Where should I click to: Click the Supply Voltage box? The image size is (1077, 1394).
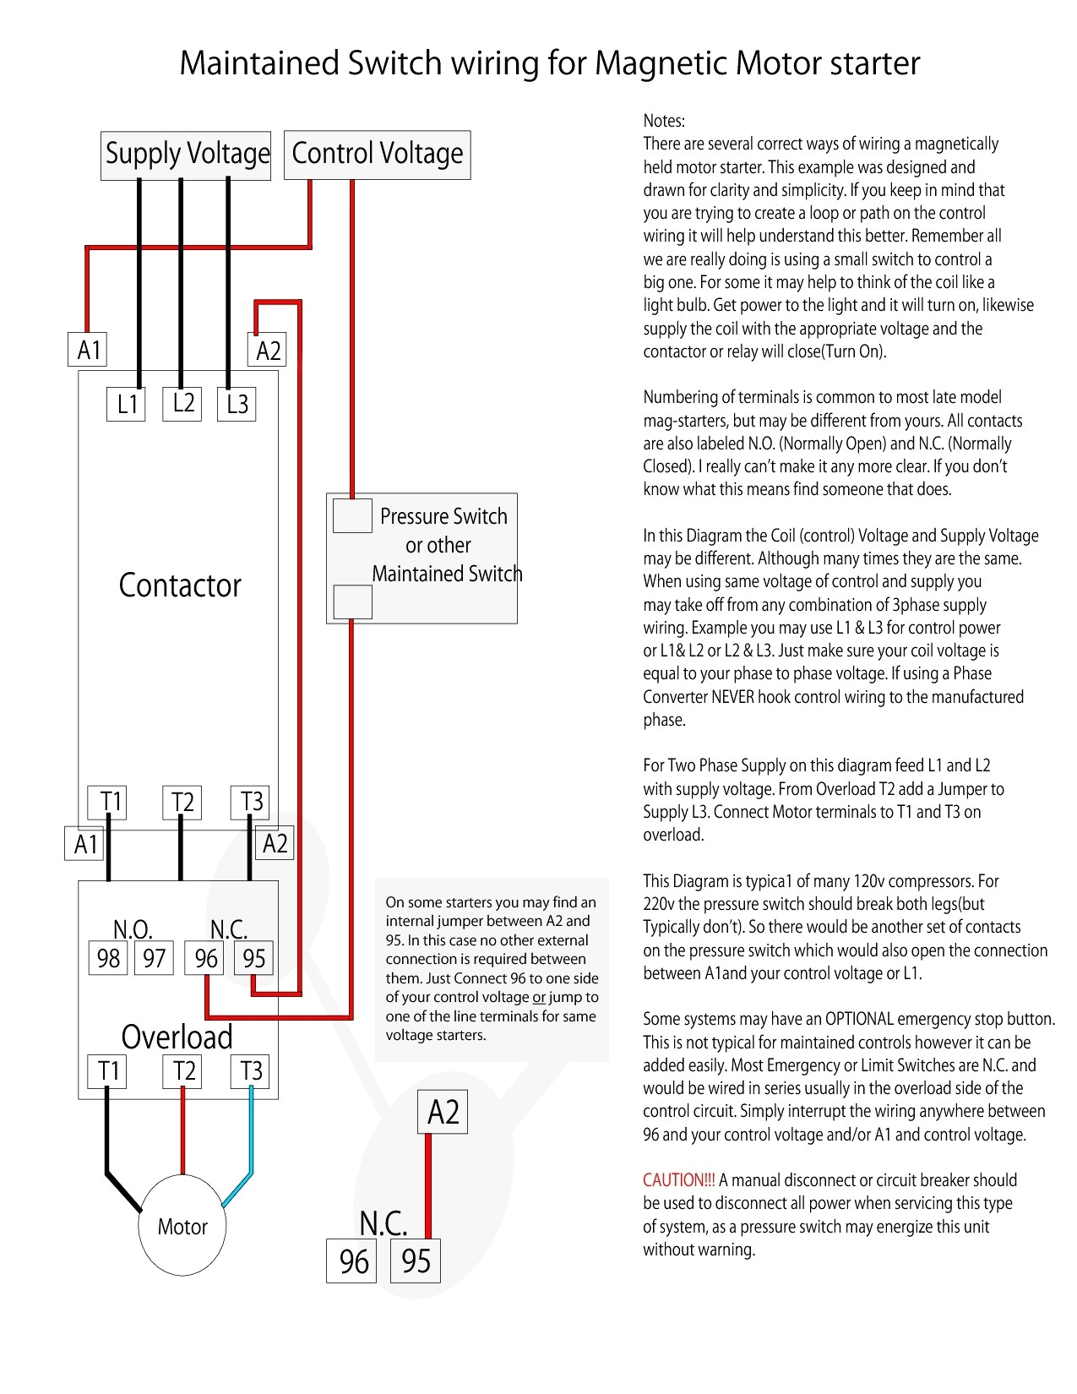(186, 155)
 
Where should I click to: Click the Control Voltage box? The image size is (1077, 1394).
(377, 155)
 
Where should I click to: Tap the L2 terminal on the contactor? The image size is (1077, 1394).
(182, 403)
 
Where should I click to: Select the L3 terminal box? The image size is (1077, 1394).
(237, 404)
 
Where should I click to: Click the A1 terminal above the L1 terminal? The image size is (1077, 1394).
(88, 350)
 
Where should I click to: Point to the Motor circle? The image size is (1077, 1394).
(182, 1226)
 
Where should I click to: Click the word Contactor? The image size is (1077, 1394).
(180, 585)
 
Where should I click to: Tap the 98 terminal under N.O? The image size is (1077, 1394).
(108, 958)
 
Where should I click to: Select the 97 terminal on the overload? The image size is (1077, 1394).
(154, 958)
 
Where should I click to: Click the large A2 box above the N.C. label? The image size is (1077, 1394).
(443, 1112)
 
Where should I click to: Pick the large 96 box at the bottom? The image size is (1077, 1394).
(353, 1261)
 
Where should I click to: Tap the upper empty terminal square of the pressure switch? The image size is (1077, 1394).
(352, 515)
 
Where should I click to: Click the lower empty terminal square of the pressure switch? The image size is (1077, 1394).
(352, 602)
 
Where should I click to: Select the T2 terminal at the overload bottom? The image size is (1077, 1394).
(182, 1071)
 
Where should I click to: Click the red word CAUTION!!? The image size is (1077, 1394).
(678, 1180)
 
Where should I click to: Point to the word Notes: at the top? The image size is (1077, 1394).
(664, 121)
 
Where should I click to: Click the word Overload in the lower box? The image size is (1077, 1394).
(177, 1037)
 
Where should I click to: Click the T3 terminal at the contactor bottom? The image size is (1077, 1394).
(251, 802)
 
